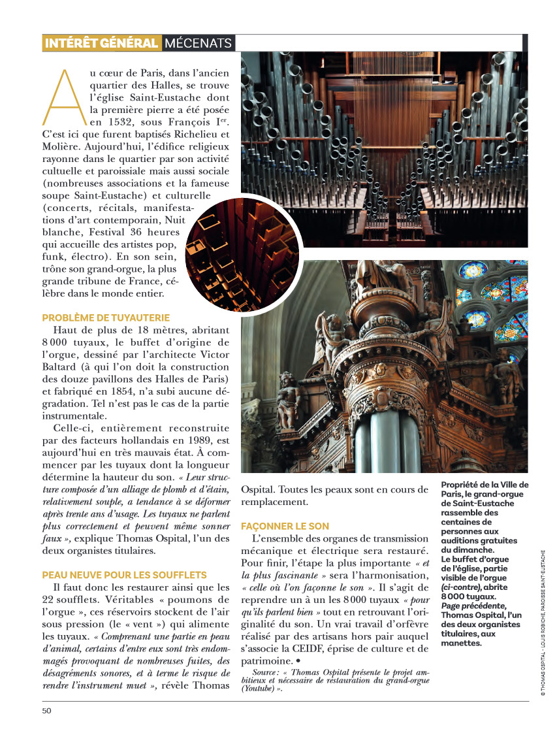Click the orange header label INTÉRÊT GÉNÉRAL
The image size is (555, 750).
(x=101, y=43)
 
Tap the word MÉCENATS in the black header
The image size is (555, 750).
(x=198, y=43)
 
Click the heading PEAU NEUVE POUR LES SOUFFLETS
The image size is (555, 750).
(x=124, y=575)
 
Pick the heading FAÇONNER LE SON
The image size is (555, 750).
(x=285, y=526)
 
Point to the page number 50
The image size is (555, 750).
(x=46, y=711)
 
